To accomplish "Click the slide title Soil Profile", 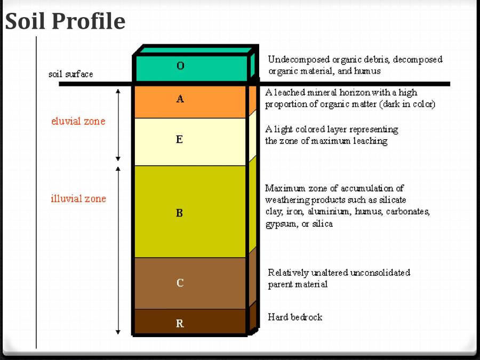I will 65,21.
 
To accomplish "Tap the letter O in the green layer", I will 180,66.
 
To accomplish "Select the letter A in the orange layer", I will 180,99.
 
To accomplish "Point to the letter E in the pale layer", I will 179,140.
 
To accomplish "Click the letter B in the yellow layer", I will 180,213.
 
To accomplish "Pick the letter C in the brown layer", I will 180,283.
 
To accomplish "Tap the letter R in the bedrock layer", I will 180,323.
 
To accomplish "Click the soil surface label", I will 70,74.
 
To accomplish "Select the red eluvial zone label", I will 78,121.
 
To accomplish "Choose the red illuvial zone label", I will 78,199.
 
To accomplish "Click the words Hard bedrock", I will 295,317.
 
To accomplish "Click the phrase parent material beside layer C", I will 298,284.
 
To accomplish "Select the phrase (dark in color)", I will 407,105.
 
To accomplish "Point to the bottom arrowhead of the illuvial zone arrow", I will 118,332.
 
